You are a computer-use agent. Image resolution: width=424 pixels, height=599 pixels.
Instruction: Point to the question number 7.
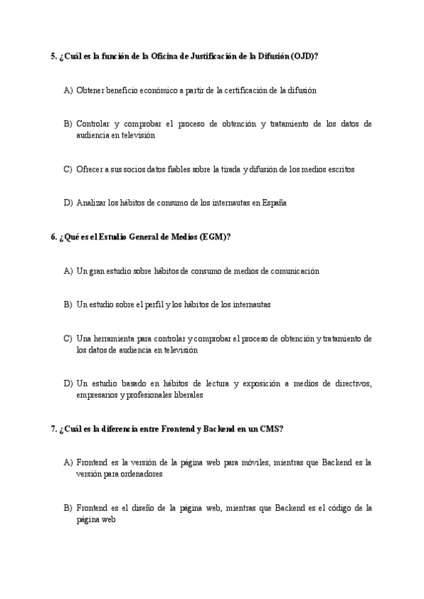(x=54, y=429)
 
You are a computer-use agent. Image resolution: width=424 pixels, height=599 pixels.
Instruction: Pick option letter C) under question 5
(x=68, y=169)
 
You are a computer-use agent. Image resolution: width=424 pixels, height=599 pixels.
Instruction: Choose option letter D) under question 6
(x=68, y=384)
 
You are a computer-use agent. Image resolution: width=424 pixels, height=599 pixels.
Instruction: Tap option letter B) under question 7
(x=68, y=508)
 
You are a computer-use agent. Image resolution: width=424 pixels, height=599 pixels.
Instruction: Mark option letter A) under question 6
(x=68, y=271)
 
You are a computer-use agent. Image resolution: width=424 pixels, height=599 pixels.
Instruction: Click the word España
(x=274, y=203)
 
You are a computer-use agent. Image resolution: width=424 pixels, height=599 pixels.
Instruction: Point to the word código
(x=334, y=508)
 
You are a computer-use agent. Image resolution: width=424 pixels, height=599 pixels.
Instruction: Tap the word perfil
(x=153, y=304)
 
